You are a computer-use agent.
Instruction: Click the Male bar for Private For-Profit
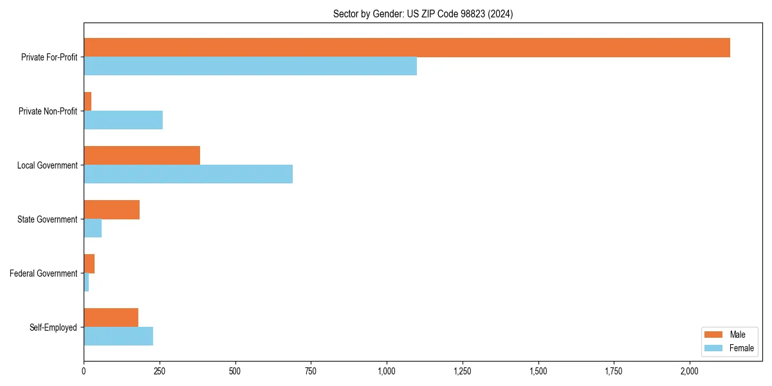pyautogui.click(x=407, y=48)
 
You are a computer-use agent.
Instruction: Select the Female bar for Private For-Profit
pyautogui.click(x=250, y=66)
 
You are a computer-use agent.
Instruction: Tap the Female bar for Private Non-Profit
pyautogui.click(x=123, y=120)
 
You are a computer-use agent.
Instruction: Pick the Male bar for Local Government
pyautogui.click(x=142, y=156)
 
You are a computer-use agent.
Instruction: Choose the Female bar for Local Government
pyautogui.click(x=188, y=174)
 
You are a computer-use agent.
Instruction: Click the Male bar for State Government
pyautogui.click(x=111, y=210)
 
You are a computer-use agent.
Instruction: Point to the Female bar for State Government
pyautogui.click(x=93, y=228)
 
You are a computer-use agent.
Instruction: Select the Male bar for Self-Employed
pyautogui.click(x=111, y=318)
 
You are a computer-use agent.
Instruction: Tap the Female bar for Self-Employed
pyautogui.click(x=118, y=336)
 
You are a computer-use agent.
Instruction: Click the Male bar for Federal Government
pyautogui.click(x=89, y=264)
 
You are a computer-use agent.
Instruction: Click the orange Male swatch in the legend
pyautogui.click(x=713, y=335)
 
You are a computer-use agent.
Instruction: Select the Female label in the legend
pyautogui.click(x=741, y=348)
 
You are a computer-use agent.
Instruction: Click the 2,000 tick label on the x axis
pyautogui.click(x=690, y=371)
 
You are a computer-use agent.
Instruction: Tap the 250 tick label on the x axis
pyautogui.click(x=160, y=371)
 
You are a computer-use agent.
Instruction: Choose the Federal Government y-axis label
pyautogui.click(x=43, y=273)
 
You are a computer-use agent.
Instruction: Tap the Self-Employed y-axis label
pyautogui.click(x=53, y=327)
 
